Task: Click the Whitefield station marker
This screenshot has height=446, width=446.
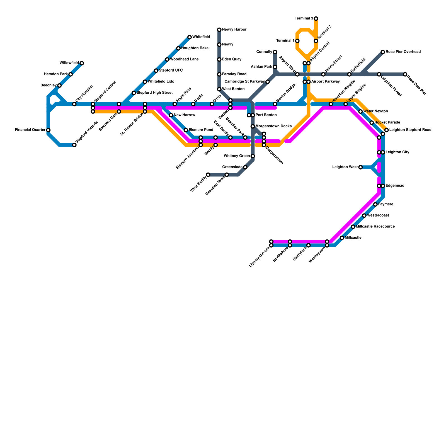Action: coord(190,37)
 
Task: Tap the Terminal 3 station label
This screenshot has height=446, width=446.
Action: coord(304,19)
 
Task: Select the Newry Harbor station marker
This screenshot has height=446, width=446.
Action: coord(219,30)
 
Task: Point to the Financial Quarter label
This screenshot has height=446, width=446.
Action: coord(30,130)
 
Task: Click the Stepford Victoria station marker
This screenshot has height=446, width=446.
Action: coord(74,145)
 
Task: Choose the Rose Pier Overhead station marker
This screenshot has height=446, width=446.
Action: coord(383,52)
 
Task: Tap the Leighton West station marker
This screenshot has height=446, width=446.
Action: coord(360,167)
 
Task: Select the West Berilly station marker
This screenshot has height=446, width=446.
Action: coord(208,175)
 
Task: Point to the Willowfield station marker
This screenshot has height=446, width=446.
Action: coord(82,63)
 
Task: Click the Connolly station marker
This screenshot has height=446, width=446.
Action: coord(275,52)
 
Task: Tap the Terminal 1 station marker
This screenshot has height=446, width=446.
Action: coord(297,41)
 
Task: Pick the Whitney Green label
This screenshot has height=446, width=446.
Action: coord(237,156)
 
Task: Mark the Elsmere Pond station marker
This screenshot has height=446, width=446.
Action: coord(186,130)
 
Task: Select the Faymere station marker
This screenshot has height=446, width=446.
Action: coord(375,205)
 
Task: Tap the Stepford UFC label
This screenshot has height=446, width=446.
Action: coord(171,71)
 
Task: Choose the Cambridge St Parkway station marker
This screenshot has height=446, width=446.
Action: coord(268,82)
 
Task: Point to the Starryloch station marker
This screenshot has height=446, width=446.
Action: coord(309,245)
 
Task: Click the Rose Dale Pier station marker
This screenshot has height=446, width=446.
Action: coord(405,74)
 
